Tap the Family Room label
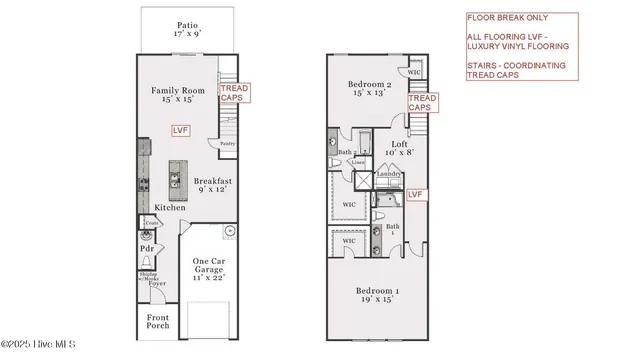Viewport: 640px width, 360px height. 178,96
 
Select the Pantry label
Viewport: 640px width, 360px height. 227,143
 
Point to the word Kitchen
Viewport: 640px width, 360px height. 170,207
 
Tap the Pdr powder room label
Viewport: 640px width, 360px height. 147,249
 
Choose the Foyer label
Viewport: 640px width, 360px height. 157,283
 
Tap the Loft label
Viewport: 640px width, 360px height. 399,148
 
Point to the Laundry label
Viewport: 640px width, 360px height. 388,174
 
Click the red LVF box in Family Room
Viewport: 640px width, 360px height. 181,129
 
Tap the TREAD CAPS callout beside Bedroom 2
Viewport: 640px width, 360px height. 423,103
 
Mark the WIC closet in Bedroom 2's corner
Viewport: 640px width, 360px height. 414,73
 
